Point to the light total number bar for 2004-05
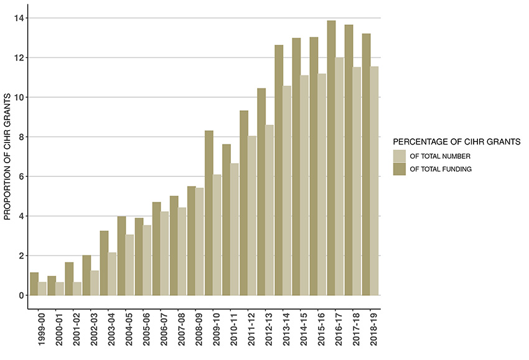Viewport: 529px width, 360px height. (130, 265)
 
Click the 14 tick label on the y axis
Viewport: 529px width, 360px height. (19, 18)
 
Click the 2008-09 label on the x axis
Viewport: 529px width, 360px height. (196, 329)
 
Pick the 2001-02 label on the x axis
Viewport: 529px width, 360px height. (74, 329)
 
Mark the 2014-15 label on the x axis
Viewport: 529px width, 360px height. (301, 329)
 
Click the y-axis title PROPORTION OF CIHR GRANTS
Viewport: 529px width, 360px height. (8, 156)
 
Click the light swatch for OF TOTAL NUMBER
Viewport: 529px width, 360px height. (399, 156)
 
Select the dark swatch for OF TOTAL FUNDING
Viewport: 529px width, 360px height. (399, 169)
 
